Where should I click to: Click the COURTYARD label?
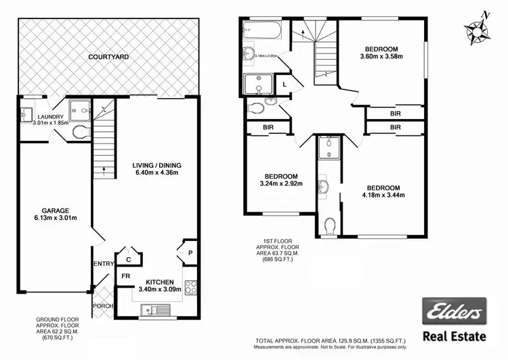coord(108,58)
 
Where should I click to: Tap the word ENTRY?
coord(102,264)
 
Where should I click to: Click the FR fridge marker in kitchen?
coord(125,277)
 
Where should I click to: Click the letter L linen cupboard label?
coord(284,83)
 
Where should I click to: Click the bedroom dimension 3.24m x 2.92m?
coord(280,183)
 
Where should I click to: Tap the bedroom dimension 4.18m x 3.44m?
coord(383,196)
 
